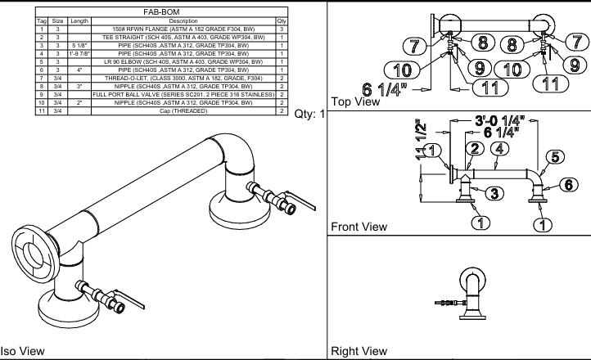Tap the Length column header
pyautogui.click(x=79, y=20)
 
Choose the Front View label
pyautogui.click(x=359, y=226)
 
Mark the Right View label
pyautogui.click(x=359, y=351)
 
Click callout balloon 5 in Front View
pyautogui.click(x=554, y=156)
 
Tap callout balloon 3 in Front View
pyautogui.click(x=496, y=193)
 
